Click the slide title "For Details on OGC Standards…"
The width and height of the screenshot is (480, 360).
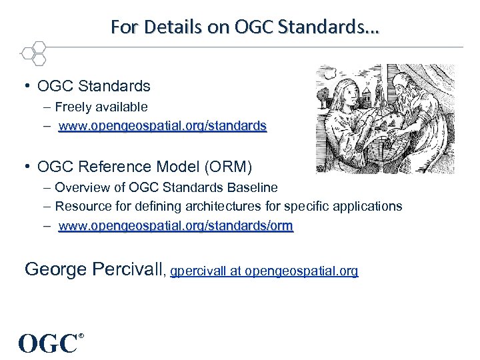[244, 27]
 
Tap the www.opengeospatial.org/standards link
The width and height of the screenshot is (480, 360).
[163, 125]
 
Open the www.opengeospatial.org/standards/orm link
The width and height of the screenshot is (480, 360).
[175, 226]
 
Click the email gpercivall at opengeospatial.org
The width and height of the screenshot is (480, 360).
[265, 271]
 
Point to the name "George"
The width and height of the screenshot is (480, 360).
[53, 269]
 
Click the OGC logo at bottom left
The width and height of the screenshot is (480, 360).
[47, 343]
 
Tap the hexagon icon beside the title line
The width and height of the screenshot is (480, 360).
[33, 52]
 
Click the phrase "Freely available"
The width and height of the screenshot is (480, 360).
[101, 107]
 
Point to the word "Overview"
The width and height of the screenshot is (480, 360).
[81, 187]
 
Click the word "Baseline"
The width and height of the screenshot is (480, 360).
[251, 187]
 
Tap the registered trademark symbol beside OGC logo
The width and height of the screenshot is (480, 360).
[81, 335]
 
